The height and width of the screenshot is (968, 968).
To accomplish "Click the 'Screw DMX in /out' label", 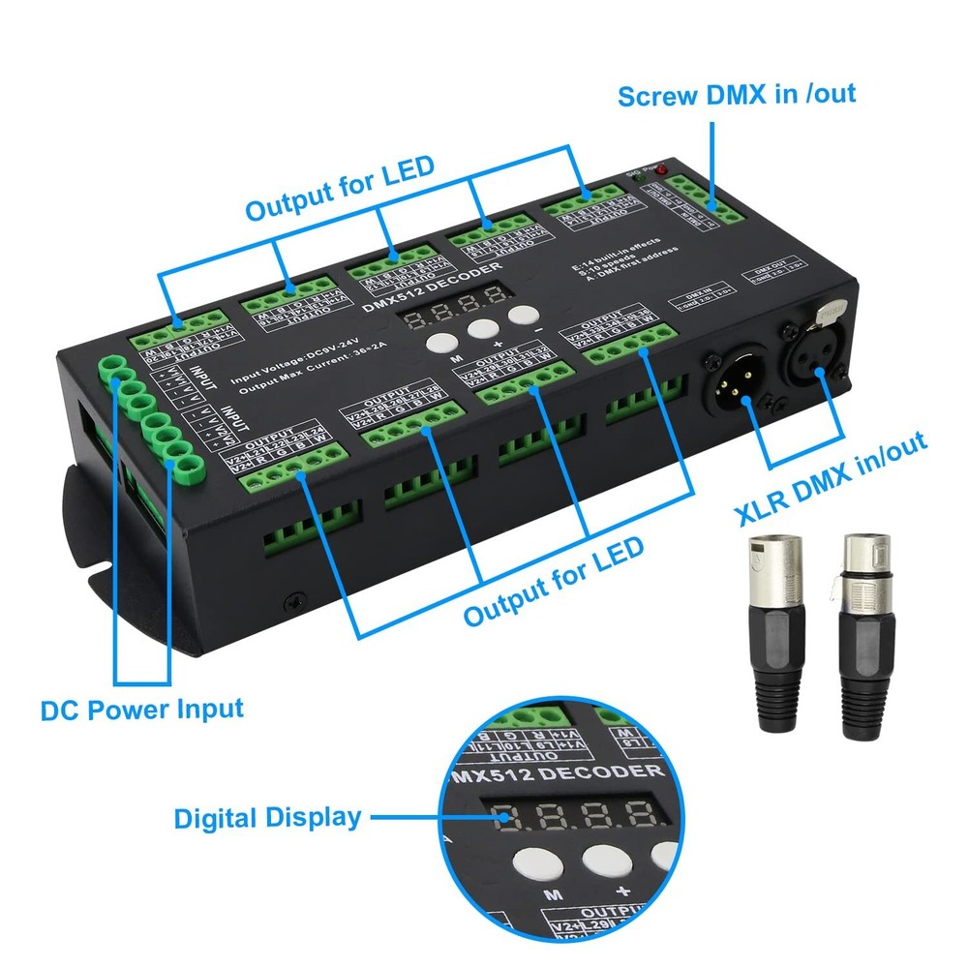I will pos(737,95).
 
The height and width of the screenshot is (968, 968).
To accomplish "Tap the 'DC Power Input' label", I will pos(141,709).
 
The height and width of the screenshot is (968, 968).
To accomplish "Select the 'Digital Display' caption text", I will pos(267,817).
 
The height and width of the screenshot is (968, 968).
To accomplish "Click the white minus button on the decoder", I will pos(523,315).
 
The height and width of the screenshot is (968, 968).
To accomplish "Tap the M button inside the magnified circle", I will pos(529,861).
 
